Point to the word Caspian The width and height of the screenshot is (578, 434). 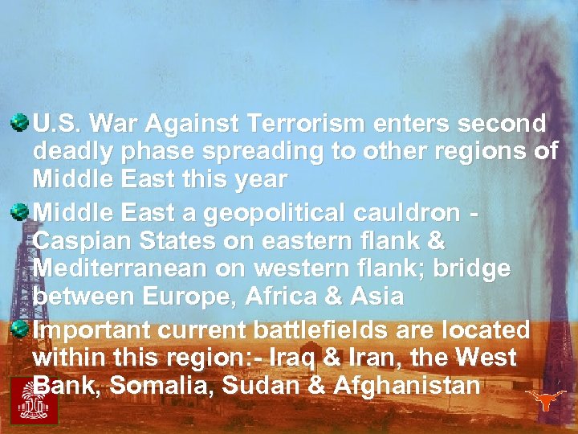click(x=82, y=241)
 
